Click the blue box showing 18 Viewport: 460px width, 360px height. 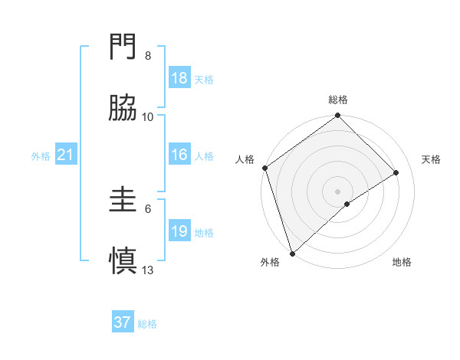179,78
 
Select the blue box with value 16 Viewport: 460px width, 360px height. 179,155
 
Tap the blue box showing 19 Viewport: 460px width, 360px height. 179,231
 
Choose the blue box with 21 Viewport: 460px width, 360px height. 66,155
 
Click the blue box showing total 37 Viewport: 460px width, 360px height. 123,322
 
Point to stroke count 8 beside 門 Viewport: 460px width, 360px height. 148,56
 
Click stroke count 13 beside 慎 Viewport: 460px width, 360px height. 148,269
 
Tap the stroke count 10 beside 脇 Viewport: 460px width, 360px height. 148,116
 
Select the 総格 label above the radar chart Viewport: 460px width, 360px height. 337,100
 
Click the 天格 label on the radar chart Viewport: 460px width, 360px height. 432,159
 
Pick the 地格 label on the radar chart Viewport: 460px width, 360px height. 402,263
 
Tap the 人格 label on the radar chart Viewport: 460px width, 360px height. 245,159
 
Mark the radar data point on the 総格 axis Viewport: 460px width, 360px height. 337,116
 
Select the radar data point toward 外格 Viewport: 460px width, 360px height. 291,253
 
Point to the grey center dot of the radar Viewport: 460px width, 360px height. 337,191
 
